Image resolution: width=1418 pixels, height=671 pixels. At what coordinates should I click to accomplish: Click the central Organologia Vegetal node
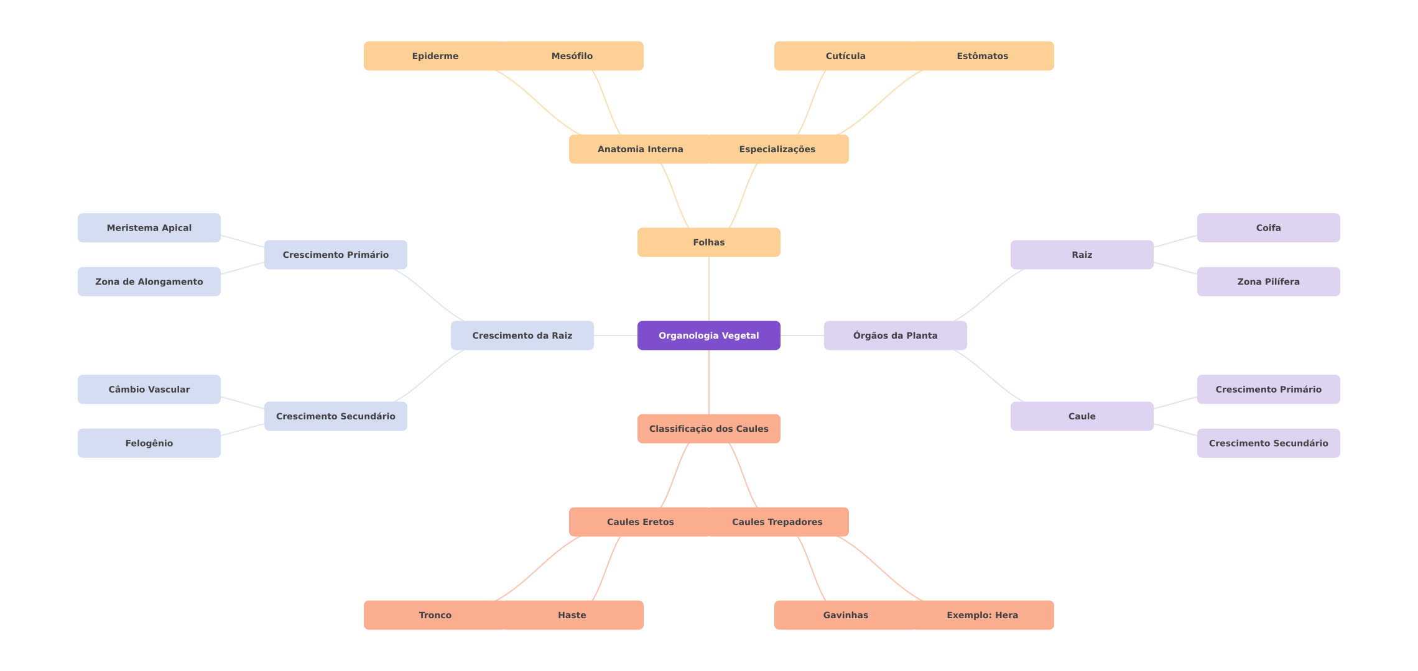pyautogui.click(x=709, y=335)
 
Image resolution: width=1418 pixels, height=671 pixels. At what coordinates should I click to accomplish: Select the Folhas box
pyautogui.click(x=709, y=242)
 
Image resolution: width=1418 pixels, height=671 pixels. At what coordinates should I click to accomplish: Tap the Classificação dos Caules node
pyautogui.click(x=709, y=429)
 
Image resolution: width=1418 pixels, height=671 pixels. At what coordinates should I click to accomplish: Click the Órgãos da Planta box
pyautogui.click(x=896, y=335)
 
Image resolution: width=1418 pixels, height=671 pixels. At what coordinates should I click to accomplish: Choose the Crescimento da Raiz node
pyautogui.click(x=522, y=335)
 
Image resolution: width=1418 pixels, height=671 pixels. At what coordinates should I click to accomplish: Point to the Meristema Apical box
pyautogui.click(x=149, y=228)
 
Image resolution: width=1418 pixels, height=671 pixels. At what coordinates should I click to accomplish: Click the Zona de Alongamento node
pyautogui.click(x=149, y=281)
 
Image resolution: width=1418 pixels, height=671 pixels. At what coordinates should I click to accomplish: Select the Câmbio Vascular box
pyautogui.click(x=149, y=390)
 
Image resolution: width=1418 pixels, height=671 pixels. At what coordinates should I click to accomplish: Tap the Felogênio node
pyautogui.click(x=149, y=443)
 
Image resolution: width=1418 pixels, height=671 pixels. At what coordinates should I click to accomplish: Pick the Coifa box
pyautogui.click(x=1269, y=228)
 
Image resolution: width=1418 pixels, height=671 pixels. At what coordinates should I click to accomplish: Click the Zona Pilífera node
pyautogui.click(x=1269, y=281)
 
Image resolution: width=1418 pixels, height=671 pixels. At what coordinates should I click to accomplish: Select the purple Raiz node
pyautogui.click(x=1082, y=255)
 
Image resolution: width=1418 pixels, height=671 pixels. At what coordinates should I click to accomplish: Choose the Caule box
pyautogui.click(x=1082, y=416)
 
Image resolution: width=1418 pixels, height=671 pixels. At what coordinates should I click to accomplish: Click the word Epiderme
pyautogui.click(x=435, y=56)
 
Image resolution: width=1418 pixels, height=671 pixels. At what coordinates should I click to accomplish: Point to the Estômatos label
pyautogui.click(x=983, y=56)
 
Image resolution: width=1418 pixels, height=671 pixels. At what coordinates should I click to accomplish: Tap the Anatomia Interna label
pyautogui.click(x=641, y=149)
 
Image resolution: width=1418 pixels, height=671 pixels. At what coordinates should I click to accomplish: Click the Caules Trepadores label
pyautogui.click(x=777, y=522)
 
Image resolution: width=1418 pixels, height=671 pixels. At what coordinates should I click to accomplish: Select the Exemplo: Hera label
pyautogui.click(x=983, y=615)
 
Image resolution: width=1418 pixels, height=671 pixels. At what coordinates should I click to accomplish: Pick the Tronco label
pyautogui.click(x=435, y=615)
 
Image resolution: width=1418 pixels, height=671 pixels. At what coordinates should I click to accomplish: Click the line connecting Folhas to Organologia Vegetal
pyautogui.click(x=709, y=289)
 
